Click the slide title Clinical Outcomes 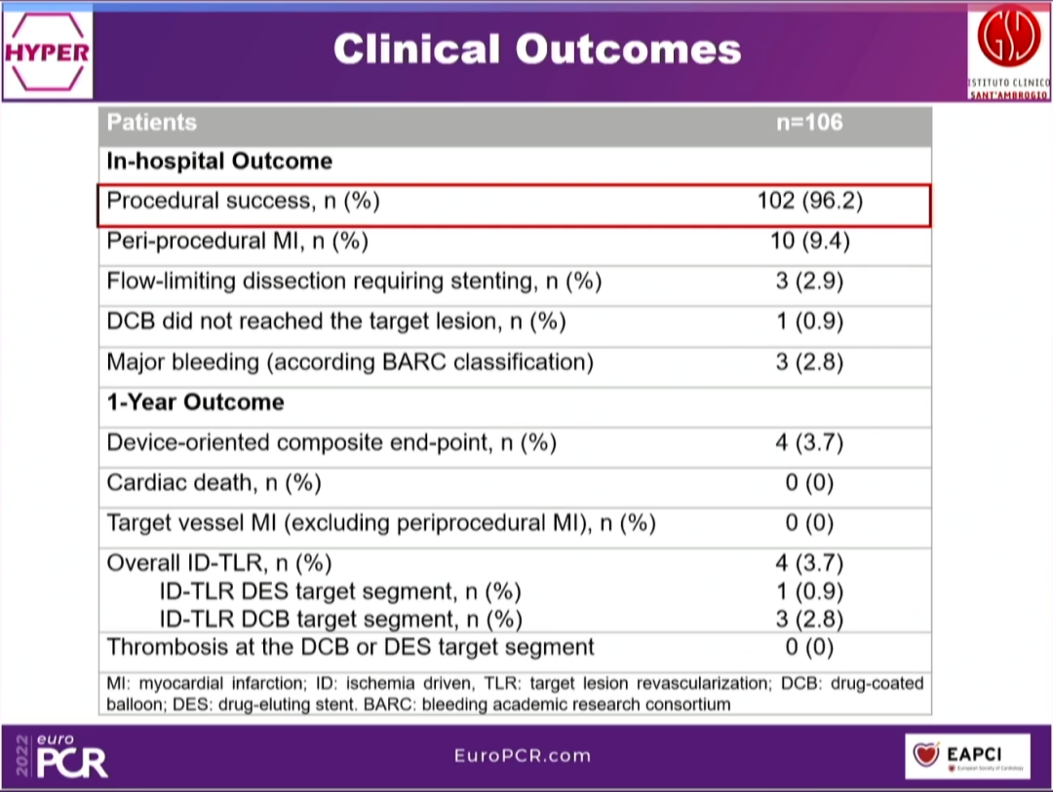(537, 50)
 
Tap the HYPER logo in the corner (47, 52)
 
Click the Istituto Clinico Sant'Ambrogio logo (1008, 50)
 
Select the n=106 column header (809, 123)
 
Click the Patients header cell (152, 123)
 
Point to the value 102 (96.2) (809, 202)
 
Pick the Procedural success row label (243, 202)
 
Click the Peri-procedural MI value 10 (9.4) (809, 242)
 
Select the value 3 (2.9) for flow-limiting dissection (809, 282)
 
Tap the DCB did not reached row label (336, 321)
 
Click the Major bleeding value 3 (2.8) (809, 362)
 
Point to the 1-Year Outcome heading (196, 402)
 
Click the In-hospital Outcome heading (219, 162)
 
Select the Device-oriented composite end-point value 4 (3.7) (809, 443)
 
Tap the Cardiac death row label (214, 483)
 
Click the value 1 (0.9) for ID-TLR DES (809, 591)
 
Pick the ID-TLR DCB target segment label (341, 619)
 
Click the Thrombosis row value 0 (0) (809, 647)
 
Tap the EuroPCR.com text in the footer (523, 756)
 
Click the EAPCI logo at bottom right (966, 755)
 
